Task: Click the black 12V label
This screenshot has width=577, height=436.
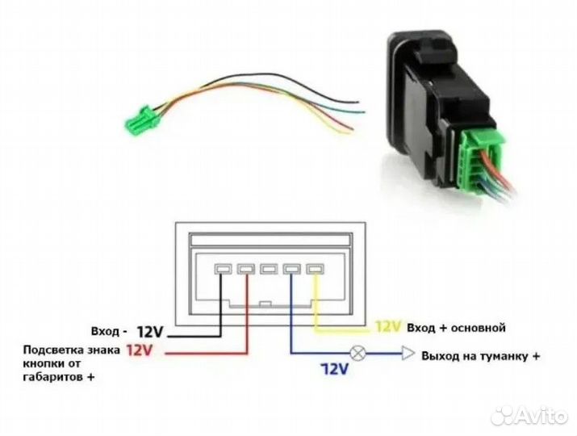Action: pos(149,331)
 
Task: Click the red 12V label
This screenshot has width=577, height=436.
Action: pos(139,350)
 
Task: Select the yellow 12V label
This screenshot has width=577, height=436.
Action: pos(388,327)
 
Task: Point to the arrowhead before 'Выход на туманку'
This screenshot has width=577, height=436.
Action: pos(408,354)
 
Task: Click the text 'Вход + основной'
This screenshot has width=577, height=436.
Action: pos(456,328)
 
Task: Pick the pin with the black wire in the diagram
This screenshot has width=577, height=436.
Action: pos(220,270)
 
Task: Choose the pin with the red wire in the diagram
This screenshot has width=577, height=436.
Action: pos(244,270)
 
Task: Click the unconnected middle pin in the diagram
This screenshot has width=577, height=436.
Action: pos(268,270)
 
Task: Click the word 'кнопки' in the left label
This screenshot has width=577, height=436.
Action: pos(44,363)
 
